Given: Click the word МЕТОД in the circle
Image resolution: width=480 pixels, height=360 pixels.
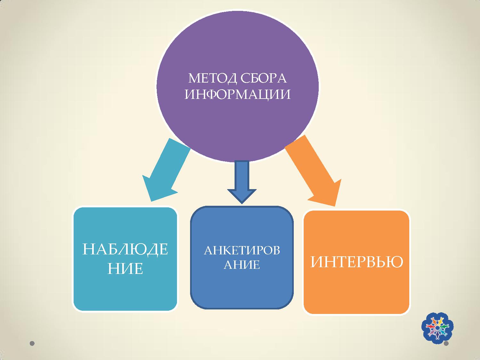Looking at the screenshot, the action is point(212,78).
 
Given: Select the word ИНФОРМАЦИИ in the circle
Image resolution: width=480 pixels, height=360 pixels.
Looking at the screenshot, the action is point(237,95).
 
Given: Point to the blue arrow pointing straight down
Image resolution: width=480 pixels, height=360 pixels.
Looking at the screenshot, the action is point(242,182).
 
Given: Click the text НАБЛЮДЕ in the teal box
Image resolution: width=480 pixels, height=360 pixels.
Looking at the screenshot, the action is point(125,249).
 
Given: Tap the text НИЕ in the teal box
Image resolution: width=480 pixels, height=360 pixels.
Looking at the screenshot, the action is point(125,268).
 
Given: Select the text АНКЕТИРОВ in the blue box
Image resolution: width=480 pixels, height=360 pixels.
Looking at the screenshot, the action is point(242,250).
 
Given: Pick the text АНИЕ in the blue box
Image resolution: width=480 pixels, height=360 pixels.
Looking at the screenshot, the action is point(242,265).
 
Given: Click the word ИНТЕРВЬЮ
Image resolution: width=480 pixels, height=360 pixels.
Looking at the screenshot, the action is point(357,262).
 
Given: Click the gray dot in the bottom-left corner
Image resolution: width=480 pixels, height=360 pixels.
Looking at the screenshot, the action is point(32,343).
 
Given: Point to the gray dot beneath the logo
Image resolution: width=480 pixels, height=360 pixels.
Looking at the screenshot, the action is point(446,343).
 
